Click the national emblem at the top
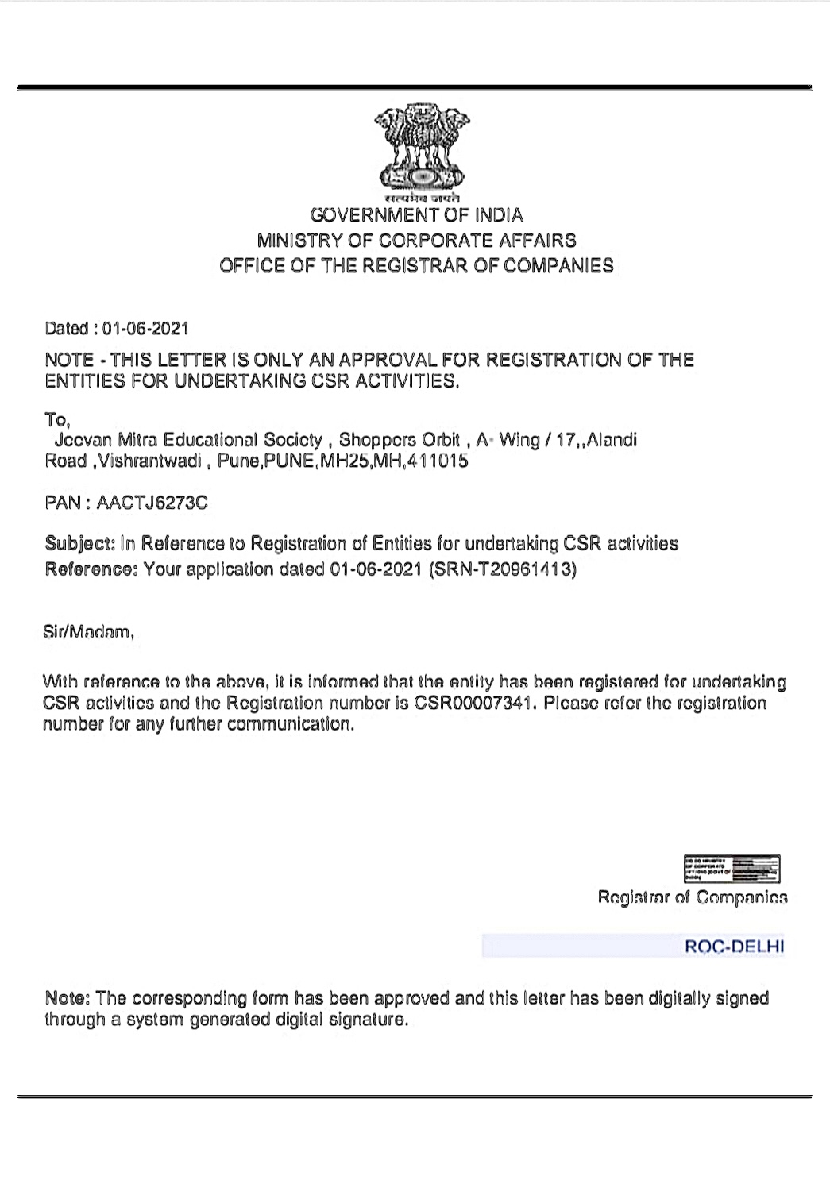(421, 148)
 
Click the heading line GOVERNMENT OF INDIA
(416, 215)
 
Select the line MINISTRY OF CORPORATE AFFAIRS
(416, 241)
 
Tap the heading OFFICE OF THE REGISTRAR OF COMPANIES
(416, 266)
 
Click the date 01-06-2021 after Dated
(145, 329)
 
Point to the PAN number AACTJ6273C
(152, 503)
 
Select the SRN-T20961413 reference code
(502, 569)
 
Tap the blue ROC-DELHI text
(734, 947)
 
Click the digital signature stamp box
(732, 869)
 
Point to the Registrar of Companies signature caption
(693, 897)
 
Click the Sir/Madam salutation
(88, 633)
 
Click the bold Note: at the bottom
(68, 998)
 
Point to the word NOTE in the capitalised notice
(69, 361)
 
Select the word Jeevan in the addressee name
(83, 441)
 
